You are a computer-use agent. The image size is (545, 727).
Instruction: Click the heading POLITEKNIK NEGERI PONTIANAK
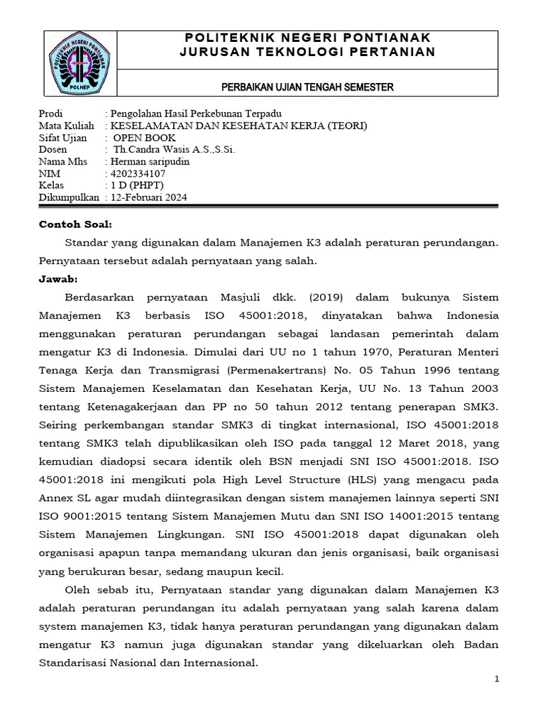pyautogui.click(x=307, y=38)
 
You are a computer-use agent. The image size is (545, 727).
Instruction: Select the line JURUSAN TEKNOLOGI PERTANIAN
pyautogui.click(x=307, y=53)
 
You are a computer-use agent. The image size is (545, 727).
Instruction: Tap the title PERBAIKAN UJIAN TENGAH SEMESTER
pyautogui.click(x=307, y=87)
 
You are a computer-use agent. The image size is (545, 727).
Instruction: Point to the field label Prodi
pyautogui.click(x=50, y=114)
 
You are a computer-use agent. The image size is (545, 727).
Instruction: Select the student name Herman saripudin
pyautogui.click(x=147, y=162)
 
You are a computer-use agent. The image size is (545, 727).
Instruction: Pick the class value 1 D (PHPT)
pyautogui.click(x=136, y=186)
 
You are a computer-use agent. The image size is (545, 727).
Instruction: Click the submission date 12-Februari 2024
pyautogui.click(x=148, y=198)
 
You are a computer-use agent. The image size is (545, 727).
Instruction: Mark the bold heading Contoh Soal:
pyautogui.click(x=75, y=224)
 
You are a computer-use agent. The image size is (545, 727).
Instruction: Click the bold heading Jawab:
pyautogui.click(x=58, y=278)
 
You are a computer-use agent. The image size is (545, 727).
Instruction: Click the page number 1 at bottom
pyautogui.click(x=497, y=679)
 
